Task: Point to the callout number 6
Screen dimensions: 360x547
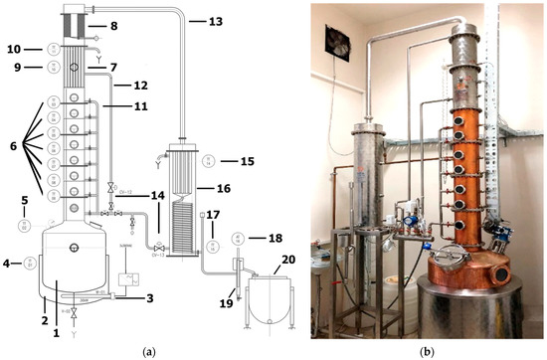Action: [11, 145]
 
